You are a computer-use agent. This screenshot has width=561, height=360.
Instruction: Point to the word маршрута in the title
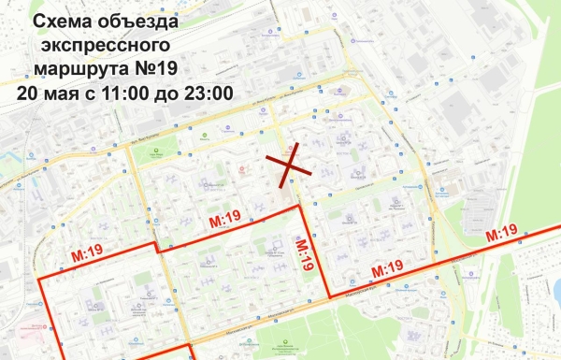[85, 70]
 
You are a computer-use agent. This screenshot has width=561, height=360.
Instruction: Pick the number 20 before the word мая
[26, 94]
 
